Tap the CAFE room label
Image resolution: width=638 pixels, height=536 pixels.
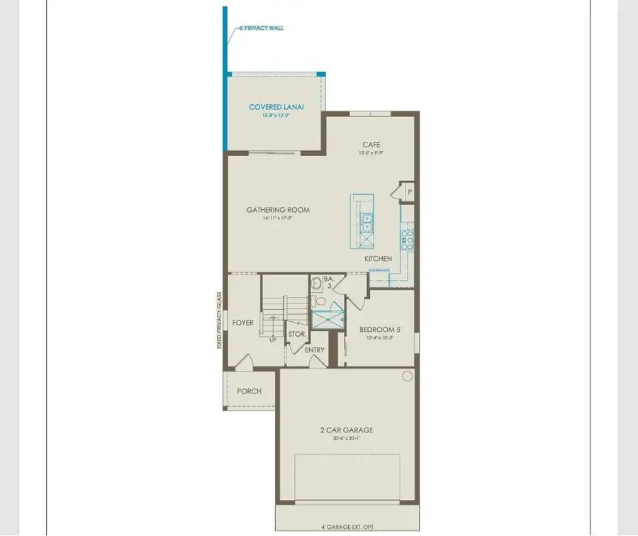(x=371, y=145)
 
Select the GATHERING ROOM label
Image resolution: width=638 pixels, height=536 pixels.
(x=278, y=210)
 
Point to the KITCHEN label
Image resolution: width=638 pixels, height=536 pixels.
(x=378, y=259)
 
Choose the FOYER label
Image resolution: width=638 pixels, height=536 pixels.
(x=242, y=323)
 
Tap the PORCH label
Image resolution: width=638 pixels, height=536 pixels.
(x=249, y=391)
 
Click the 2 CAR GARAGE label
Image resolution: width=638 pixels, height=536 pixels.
(x=346, y=430)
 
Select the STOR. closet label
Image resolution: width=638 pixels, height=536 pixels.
(x=297, y=334)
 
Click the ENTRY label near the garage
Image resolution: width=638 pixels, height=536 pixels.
(x=314, y=350)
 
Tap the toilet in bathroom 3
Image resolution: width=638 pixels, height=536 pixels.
(x=320, y=302)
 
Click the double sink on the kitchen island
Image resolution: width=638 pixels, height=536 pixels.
(x=366, y=223)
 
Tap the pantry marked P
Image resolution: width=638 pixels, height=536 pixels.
(x=409, y=192)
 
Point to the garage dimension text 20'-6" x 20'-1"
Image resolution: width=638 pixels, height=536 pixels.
(x=346, y=438)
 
